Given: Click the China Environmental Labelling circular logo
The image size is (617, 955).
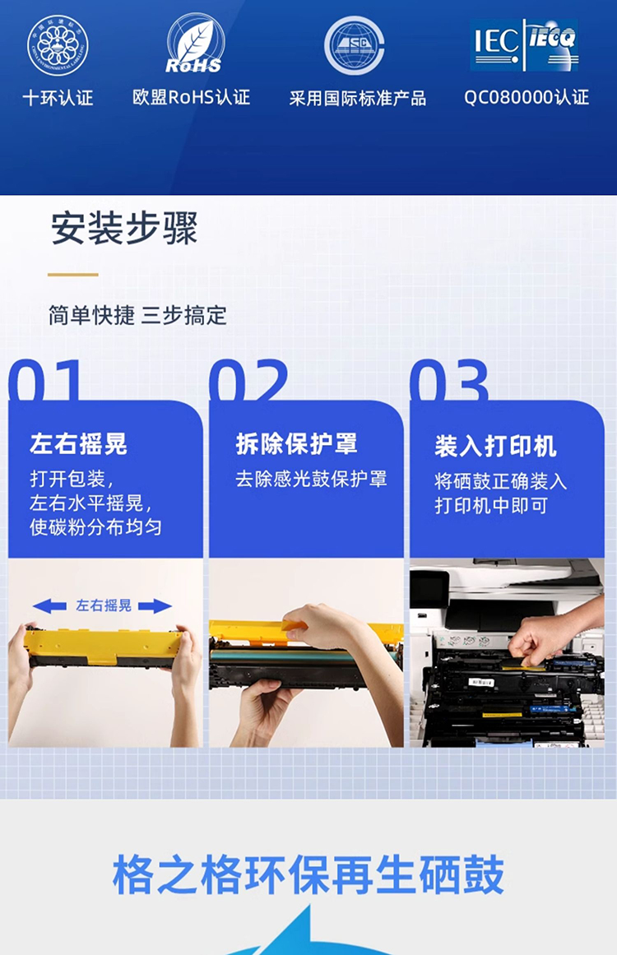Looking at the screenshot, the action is click(58, 46).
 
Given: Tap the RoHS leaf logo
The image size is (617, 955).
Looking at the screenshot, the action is click(193, 44).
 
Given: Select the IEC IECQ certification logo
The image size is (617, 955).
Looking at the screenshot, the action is click(524, 44).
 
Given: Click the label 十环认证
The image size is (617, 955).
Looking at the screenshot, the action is click(58, 98).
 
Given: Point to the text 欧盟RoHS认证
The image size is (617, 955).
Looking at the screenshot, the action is click(191, 97).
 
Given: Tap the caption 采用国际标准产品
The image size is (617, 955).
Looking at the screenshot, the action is click(358, 98).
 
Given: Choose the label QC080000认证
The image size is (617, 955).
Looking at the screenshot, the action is click(527, 97).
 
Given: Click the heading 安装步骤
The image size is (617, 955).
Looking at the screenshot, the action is click(124, 229).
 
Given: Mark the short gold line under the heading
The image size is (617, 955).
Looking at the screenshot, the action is click(73, 275).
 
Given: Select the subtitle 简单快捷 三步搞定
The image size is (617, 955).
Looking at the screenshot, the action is click(137, 316).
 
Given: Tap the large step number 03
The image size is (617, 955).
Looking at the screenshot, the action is click(449, 380).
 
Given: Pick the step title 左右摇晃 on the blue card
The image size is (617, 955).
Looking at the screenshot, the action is click(79, 444).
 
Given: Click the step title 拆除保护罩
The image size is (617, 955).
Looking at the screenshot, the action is click(297, 444).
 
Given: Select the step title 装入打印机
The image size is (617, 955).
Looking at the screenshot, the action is click(495, 447).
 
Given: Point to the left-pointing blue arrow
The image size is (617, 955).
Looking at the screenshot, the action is click(49, 605).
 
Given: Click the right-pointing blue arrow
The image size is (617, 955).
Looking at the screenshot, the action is click(155, 606).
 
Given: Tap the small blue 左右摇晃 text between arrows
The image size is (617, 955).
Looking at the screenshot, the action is click(104, 605).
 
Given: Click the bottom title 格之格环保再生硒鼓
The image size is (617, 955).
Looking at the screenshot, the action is click(308, 874).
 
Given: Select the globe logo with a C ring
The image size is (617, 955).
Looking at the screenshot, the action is click(354, 46).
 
